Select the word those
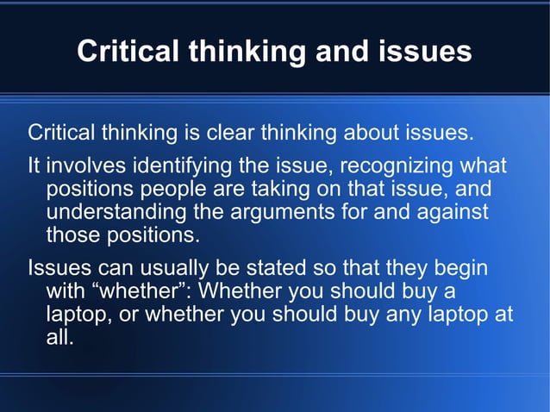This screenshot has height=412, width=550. click(x=72, y=235)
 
